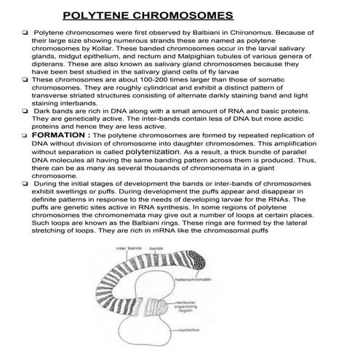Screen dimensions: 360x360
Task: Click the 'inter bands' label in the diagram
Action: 129,249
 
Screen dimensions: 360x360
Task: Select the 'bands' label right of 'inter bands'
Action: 155,249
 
